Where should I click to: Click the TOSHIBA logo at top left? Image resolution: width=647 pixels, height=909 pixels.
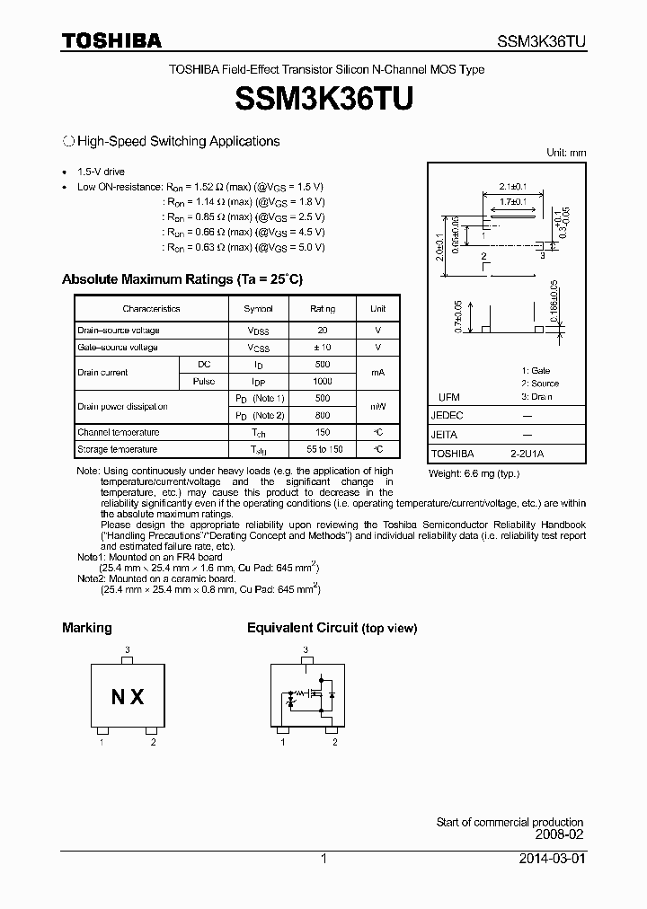point(111,41)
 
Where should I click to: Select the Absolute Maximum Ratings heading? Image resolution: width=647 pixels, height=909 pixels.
point(182,279)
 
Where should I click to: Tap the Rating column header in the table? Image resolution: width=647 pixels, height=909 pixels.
point(323,308)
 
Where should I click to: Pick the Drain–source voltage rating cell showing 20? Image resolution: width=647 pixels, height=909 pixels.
point(323,330)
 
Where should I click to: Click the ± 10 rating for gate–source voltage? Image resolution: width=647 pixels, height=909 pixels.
point(323,347)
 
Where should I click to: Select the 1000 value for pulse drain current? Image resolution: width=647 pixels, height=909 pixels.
point(323,381)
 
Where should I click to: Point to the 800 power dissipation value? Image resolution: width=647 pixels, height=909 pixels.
point(323,415)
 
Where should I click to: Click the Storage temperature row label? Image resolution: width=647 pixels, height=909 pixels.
point(117,449)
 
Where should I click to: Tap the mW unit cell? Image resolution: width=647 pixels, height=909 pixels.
point(378,406)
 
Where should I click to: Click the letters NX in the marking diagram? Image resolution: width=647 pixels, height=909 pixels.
point(128,697)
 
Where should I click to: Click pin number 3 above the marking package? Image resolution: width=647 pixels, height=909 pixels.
point(128,649)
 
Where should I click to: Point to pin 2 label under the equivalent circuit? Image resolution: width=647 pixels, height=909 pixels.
point(334,742)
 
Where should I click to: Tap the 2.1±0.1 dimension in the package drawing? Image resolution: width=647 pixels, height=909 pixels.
point(512,187)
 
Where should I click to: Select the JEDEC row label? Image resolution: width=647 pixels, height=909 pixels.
point(448,416)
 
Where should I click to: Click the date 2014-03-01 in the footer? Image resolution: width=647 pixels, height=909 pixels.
point(551,859)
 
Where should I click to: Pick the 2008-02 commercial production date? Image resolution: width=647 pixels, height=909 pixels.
point(560,834)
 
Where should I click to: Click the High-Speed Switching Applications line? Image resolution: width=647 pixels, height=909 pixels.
point(178,141)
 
